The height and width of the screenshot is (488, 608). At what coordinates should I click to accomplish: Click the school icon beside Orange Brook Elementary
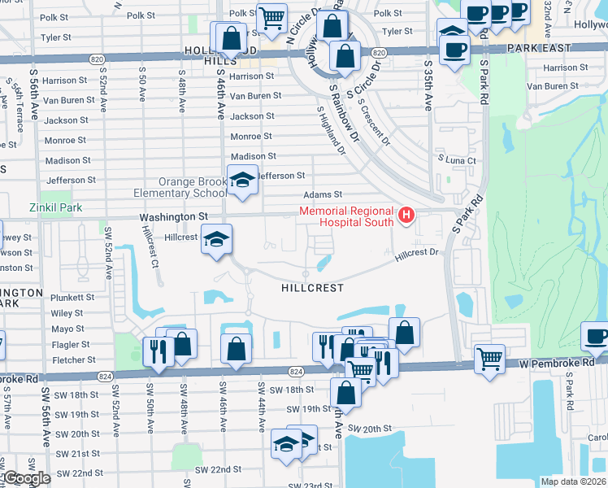[241, 181]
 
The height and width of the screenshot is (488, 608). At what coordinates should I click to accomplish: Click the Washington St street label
[173, 218]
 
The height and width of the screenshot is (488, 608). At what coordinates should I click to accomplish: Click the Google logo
[26, 478]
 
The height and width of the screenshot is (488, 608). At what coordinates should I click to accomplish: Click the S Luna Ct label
[456, 161]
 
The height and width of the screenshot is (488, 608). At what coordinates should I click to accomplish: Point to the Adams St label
[323, 194]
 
